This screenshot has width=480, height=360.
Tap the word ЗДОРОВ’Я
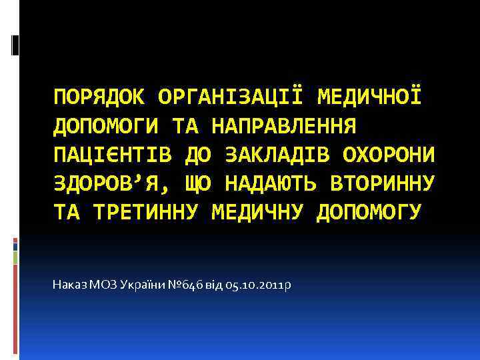tap(107, 183)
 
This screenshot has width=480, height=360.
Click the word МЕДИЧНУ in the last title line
tap(258, 211)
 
